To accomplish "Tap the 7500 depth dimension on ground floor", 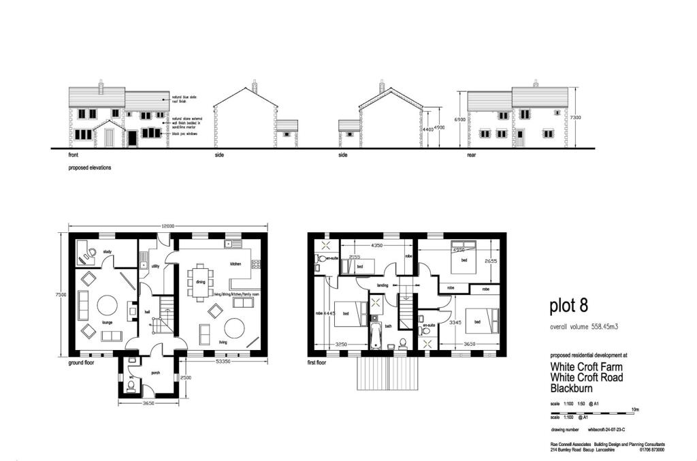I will [x=61, y=295].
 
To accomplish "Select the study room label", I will [x=107, y=252].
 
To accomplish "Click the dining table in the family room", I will [x=201, y=281].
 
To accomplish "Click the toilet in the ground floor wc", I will [x=131, y=386].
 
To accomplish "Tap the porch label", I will [x=155, y=373].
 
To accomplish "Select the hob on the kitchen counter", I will [x=257, y=261].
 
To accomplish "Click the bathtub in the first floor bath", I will [x=374, y=332].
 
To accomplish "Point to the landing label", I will [x=383, y=285].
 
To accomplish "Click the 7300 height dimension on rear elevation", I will [x=577, y=116].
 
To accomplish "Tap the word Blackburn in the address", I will [x=572, y=388].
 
